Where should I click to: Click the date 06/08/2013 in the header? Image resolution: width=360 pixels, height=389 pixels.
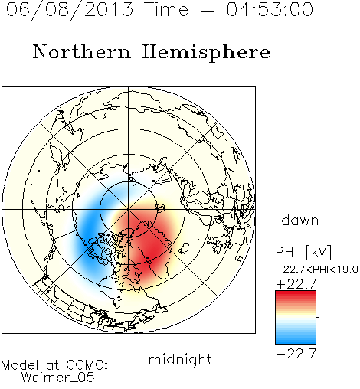70,10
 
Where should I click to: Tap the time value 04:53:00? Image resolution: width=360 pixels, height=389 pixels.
270,9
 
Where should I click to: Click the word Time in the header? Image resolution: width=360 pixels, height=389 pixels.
166,9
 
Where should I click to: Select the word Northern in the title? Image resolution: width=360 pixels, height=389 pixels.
82,51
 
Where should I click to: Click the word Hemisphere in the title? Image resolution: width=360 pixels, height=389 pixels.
206,53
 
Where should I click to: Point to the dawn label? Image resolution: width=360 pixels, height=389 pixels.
300,220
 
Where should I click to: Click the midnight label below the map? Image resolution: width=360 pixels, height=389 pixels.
180,359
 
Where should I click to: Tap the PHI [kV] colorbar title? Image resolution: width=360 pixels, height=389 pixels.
303,252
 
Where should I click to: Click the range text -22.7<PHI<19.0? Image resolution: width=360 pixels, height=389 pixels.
317,270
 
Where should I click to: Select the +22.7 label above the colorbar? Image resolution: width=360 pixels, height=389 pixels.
296,284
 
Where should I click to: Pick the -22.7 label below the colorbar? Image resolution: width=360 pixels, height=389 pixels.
296,354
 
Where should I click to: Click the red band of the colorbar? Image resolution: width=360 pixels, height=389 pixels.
296,297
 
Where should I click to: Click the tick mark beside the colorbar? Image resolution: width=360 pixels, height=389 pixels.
318,317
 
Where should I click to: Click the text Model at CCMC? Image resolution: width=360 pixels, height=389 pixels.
54,365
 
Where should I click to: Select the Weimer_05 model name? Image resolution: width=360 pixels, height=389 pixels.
58,378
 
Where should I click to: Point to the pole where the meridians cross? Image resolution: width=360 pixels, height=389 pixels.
129,210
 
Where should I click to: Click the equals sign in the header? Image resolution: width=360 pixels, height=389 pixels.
208,10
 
